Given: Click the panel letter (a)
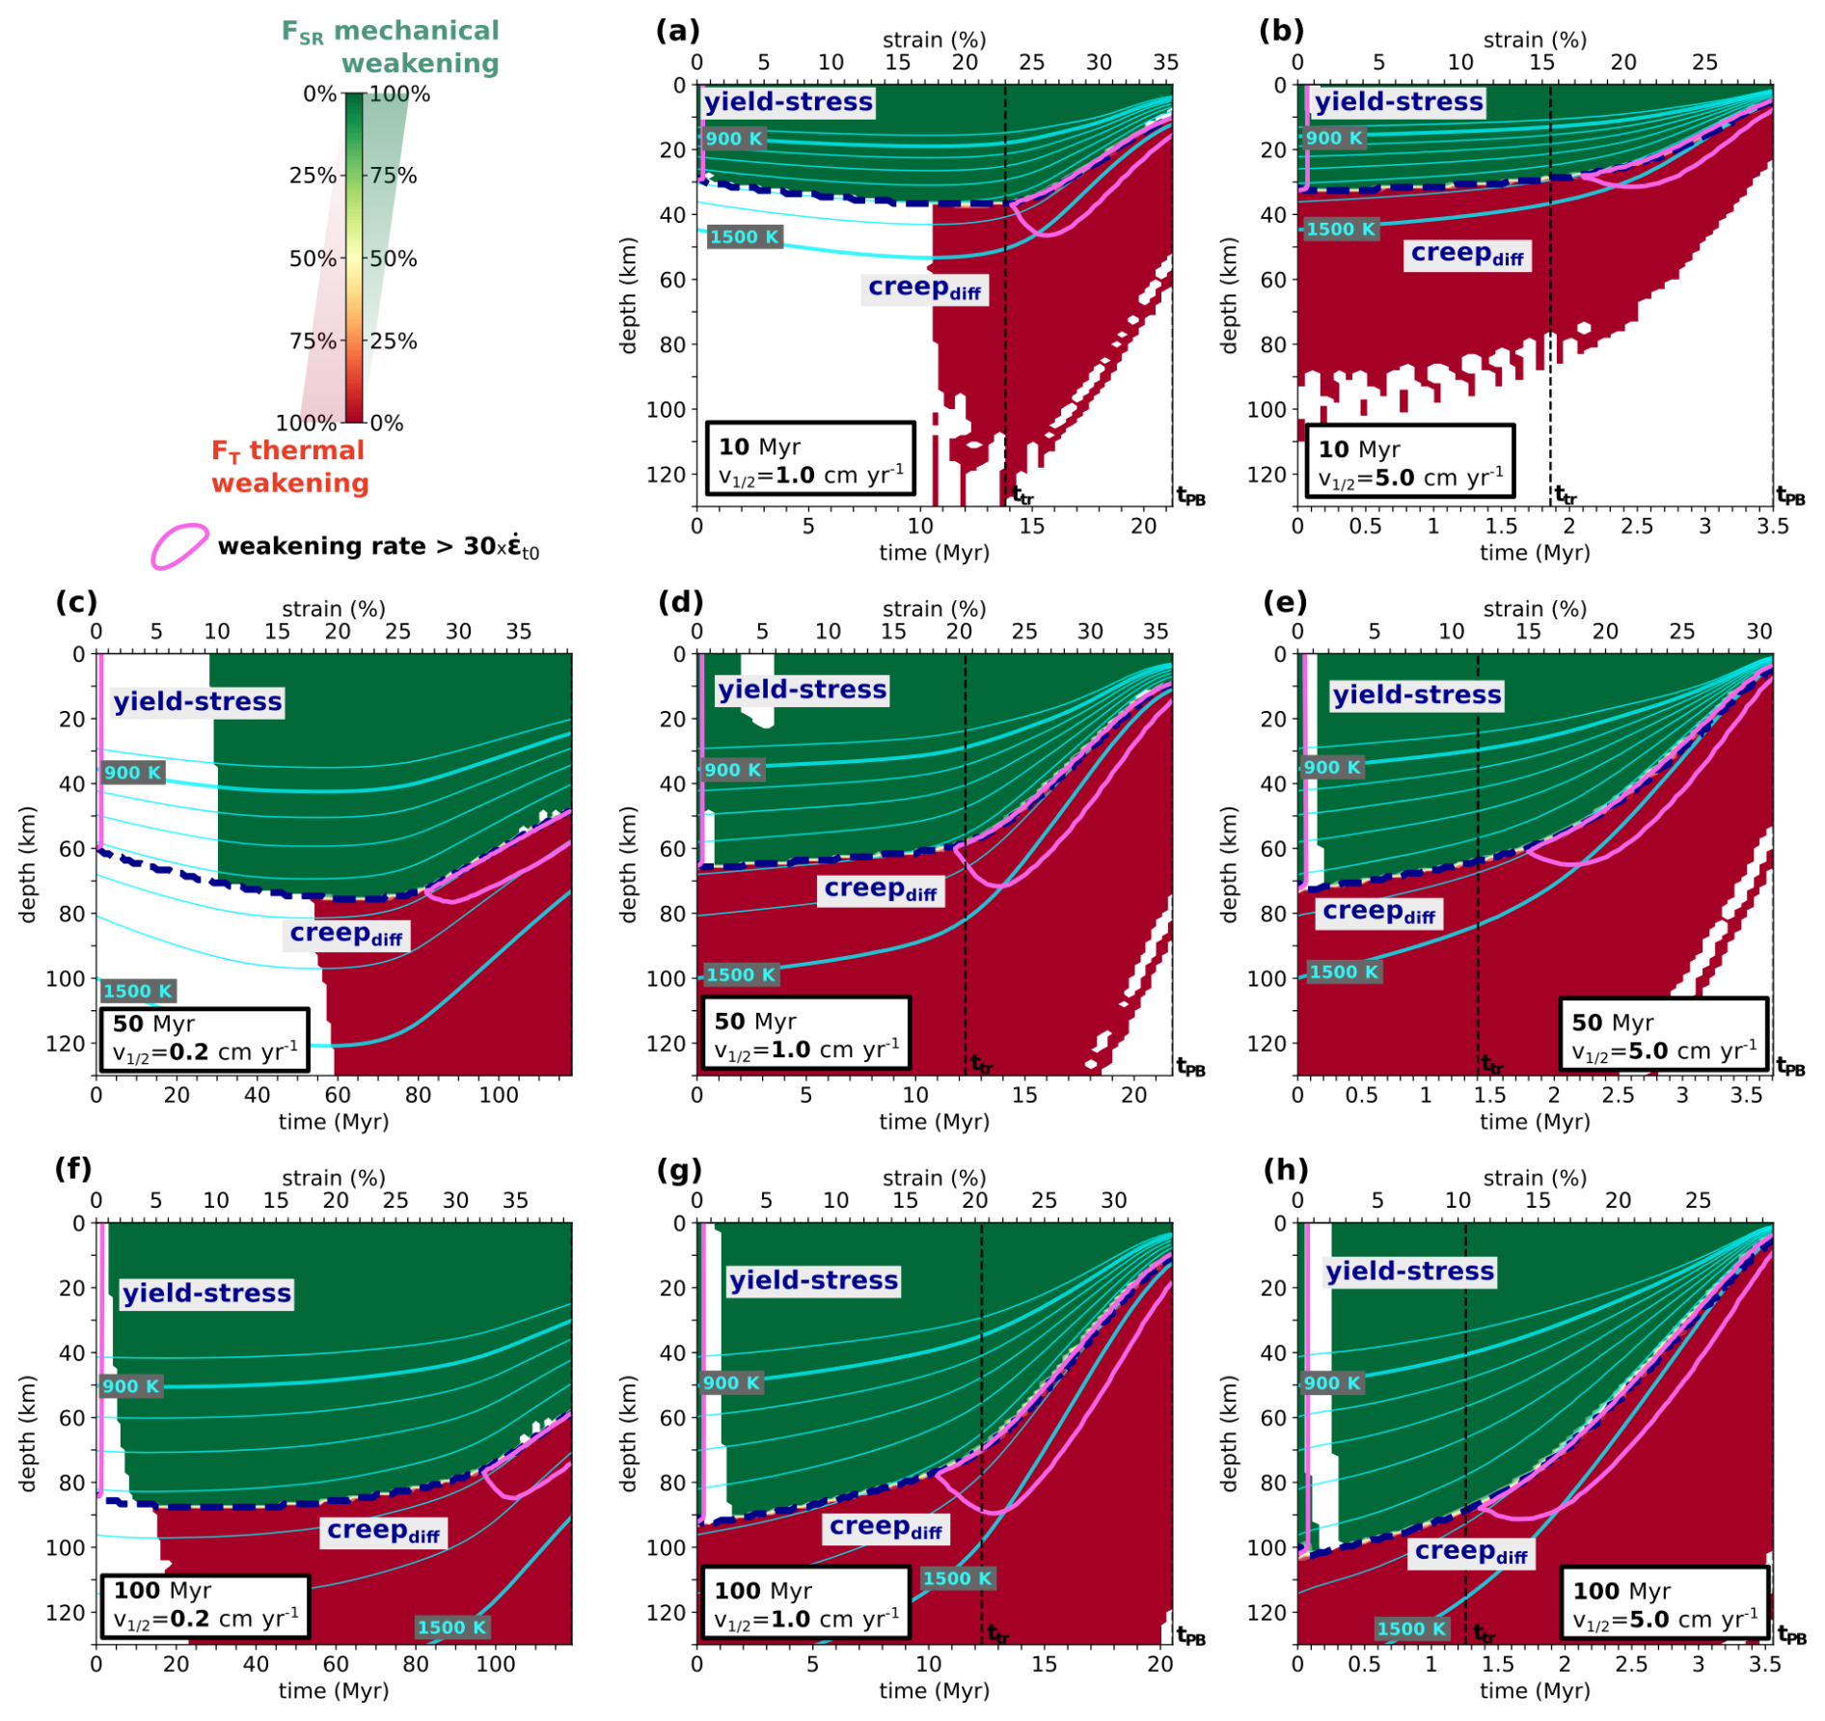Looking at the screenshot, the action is click(x=677, y=31).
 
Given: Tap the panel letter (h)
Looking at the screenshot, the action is click(x=1286, y=1170).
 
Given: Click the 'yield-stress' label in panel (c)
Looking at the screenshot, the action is click(x=198, y=701).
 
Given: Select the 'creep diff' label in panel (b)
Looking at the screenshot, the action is click(x=1466, y=254).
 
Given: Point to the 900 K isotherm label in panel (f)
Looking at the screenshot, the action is click(x=131, y=1386).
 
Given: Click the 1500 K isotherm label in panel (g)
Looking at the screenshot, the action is click(x=957, y=1578).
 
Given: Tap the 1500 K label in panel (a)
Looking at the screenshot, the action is click(x=744, y=237).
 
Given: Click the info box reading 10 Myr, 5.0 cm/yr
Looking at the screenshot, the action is click(x=1410, y=461).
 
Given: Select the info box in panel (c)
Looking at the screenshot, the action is click(x=204, y=1040).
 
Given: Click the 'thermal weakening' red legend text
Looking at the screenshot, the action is click(x=289, y=466).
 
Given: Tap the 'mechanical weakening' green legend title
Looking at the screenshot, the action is click(x=391, y=46).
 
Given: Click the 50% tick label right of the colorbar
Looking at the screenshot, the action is click(x=395, y=259).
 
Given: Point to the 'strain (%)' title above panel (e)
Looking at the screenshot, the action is click(x=1535, y=609).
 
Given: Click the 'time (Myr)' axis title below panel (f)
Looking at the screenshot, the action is click(x=334, y=1690).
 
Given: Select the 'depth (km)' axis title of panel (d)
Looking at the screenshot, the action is click(x=629, y=864).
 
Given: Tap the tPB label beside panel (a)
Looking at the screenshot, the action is click(x=1191, y=497).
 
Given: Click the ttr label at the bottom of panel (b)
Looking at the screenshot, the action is click(x=1566, y=496).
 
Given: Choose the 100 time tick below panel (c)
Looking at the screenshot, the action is click(x=499, y=1095).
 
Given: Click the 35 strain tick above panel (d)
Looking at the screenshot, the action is click(x=1156, y=632).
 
